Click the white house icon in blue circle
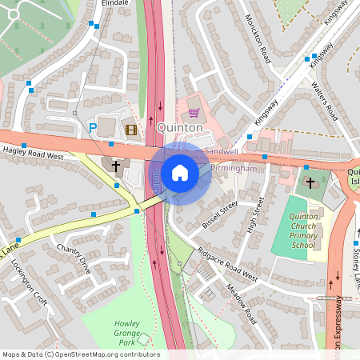180,172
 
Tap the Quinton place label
180,126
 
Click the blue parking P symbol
93,127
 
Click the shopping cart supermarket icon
193,114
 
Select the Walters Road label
325,100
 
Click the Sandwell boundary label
221,151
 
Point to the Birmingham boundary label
235,169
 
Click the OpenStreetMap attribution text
81,354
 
